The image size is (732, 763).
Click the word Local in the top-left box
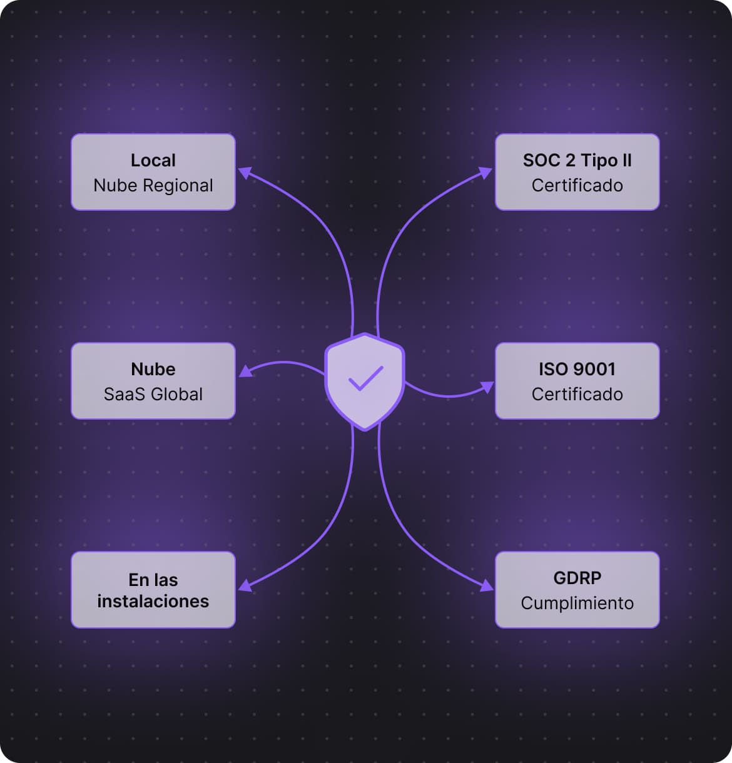tap(153, 160)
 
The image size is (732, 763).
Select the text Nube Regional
tap(153, 186)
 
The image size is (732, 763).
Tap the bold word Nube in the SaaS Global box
tap(153, 370)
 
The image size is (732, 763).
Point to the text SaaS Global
tap(153, 395)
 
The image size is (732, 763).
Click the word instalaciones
tap(153, 602)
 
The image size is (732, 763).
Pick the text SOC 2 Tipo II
tap(577, 160)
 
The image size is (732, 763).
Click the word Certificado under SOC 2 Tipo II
tap(577, 186)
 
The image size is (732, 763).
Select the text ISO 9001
tap(577, 370)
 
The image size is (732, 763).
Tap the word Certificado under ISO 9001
tap(577, 395)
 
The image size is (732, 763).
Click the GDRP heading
tap(577, 578)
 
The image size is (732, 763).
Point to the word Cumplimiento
tap(577, 604)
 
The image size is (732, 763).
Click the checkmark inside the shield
tap(365, 378)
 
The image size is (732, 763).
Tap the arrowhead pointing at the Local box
tap(245, 173)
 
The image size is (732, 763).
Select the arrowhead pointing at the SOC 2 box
tap(485, 173)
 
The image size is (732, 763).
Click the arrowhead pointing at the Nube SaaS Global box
tap(246, 371)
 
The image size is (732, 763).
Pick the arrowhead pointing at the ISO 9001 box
tap(487, 387)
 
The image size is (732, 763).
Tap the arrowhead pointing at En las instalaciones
tap(245, 586)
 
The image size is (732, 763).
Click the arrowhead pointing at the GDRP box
tap(486, 586)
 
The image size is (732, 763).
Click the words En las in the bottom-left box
tap(153, 580)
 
